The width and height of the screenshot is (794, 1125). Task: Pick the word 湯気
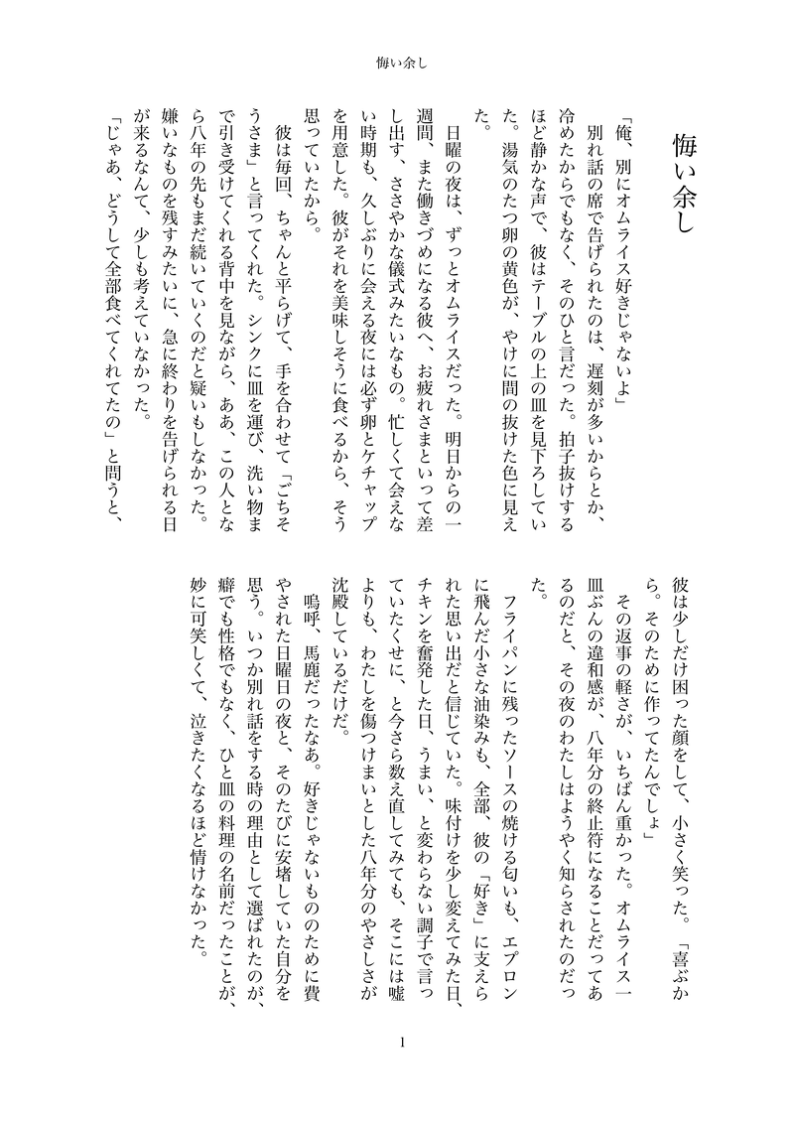pyautogui.click(x=512, y=174)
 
